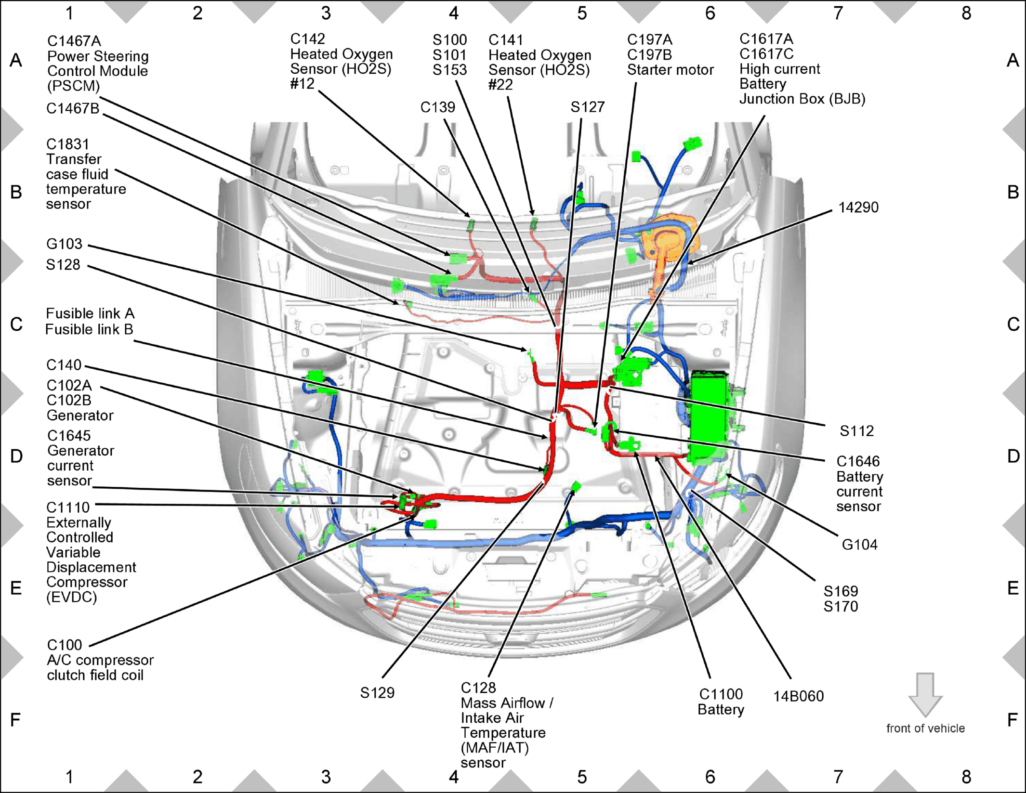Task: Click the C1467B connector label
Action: pyautogui.click(x=73, y=108)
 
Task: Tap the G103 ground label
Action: pyautogui.click(x=64, y=244)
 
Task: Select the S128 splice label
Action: pyautogui.click(x=63, y=264)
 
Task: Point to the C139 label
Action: pyautogui.click(x=437, y=107)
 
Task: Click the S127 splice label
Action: pyautogui.click(x=587, y=107)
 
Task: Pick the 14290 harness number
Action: pyautogui.click(x=858, y=208)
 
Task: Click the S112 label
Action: pyautogui.click(x=856, y=430)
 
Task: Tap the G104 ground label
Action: pyautogui.click(x=859, y=545)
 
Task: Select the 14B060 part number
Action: pyautogui.click(x=798, y=696)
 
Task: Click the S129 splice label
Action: pyautogui.click(x=377, y=693)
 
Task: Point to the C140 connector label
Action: pyautogui.click(x=64, y=365)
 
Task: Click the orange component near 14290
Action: pyautogui.click(x=667, y=246)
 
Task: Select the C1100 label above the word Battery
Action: pyautogui.click(x=721, y=694)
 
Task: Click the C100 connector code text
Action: pyautogui.click(x=65, y=645)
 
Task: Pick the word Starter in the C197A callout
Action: pyautogui.click(x=647, y=70)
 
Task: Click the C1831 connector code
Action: pyautogui.click(x=67, y=144)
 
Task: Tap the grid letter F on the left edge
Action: pyautogui.click(x=15, y=720)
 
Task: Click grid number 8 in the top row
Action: pyautogui.click(x=966, y=13)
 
